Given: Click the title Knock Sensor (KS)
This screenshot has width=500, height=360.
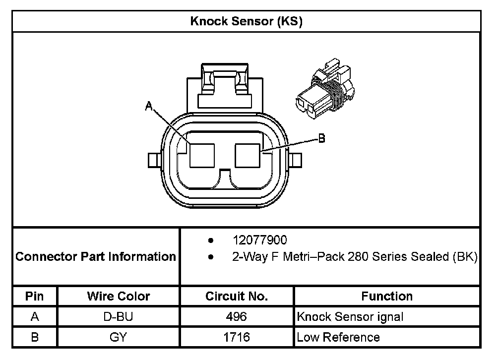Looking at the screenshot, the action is coord(246,21).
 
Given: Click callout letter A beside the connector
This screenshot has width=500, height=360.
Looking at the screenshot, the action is coord(149,106).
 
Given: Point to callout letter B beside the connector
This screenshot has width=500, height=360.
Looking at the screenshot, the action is coord(322,138).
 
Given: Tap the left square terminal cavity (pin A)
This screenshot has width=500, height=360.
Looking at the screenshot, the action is coord(202,156).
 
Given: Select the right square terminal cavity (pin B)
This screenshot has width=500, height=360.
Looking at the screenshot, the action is coord(248,156).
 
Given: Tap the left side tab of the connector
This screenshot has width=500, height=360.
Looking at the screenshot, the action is coord(155,160).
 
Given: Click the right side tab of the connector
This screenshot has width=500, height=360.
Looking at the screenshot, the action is coord(295,160).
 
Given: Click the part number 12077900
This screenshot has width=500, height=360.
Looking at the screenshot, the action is coord(260,240).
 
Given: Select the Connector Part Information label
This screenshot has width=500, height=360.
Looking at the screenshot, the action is coord(96,257).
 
